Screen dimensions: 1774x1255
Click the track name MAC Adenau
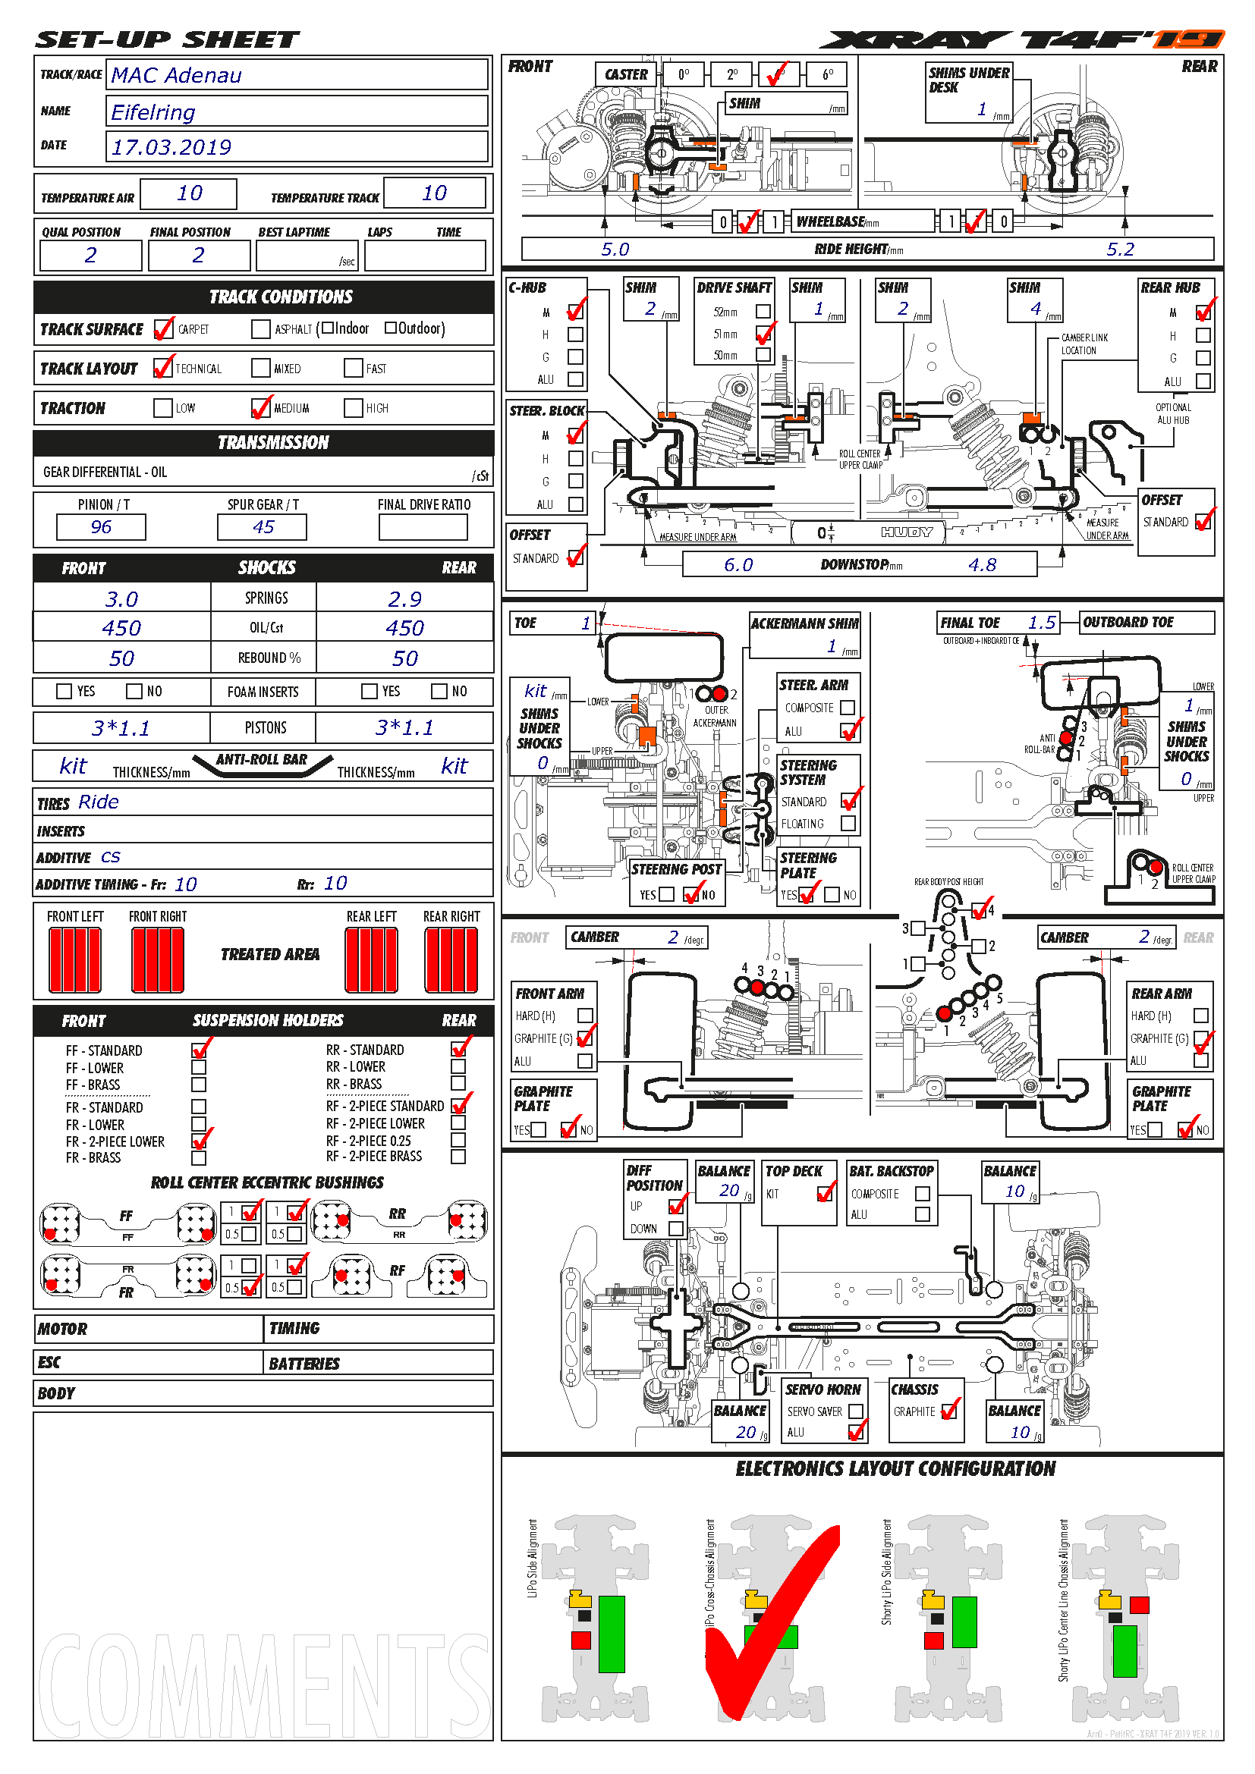pos(176,75)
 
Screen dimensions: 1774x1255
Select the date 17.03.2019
pos(171,147)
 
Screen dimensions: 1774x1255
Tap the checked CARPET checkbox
pos(162,329)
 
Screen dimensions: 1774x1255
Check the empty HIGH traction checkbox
pos(353,408)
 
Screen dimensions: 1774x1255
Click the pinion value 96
pos(100,527)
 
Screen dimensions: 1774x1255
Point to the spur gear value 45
pos(263,527)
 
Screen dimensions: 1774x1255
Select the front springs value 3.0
pos(121,599)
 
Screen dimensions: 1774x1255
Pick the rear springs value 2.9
pos(404,599)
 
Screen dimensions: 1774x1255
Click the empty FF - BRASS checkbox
pos(199,1085)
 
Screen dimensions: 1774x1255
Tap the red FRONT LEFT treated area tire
pos(75,959)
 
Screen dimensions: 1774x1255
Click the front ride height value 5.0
pos(615,249)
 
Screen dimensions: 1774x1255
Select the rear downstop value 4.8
pos(982,565)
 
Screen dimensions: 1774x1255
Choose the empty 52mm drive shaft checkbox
pos(763,312)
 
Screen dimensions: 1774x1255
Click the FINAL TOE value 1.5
pos(1042,623)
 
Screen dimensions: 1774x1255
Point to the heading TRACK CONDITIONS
pos(281,297)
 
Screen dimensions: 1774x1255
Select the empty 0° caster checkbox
pos(683,75)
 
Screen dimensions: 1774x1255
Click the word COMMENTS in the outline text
pos(263,1685)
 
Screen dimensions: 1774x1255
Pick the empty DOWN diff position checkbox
pos(676,1228)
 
